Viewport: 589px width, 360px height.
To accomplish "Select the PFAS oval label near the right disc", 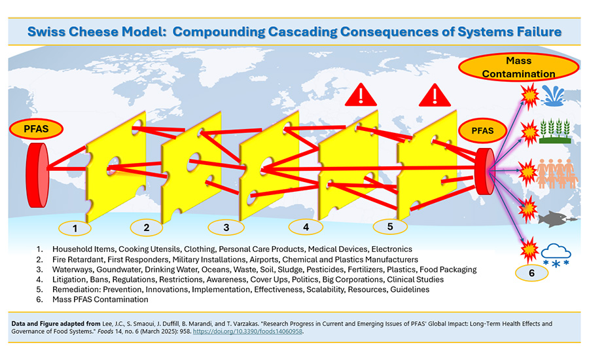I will click(486, 130).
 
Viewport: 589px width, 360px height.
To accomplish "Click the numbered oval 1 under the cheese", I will click(77, 228).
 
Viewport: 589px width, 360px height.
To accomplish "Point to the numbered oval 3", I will click(226, 228).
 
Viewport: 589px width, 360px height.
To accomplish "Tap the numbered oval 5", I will click(391, 227).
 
